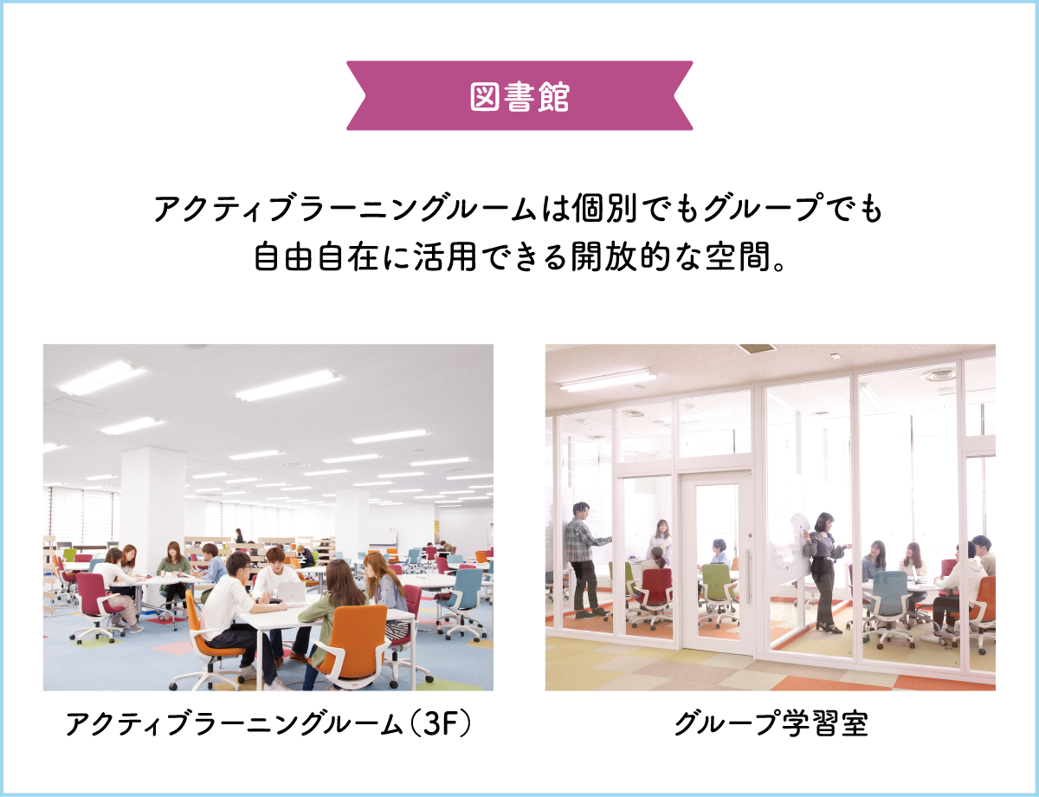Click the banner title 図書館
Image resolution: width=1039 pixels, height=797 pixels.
(x=519, y=96)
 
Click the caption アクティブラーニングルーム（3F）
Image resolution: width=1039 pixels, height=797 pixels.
(x=268, y=723)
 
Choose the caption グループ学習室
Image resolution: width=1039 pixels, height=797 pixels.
(x=771, y=723)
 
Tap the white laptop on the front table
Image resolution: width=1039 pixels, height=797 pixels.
(x=291, y=593)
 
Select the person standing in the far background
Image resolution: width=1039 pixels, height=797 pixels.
(x=239, y=536)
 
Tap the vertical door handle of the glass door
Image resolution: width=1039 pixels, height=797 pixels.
(x=748, y=576)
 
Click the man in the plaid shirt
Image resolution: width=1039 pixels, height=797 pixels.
(x=584, y=558)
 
